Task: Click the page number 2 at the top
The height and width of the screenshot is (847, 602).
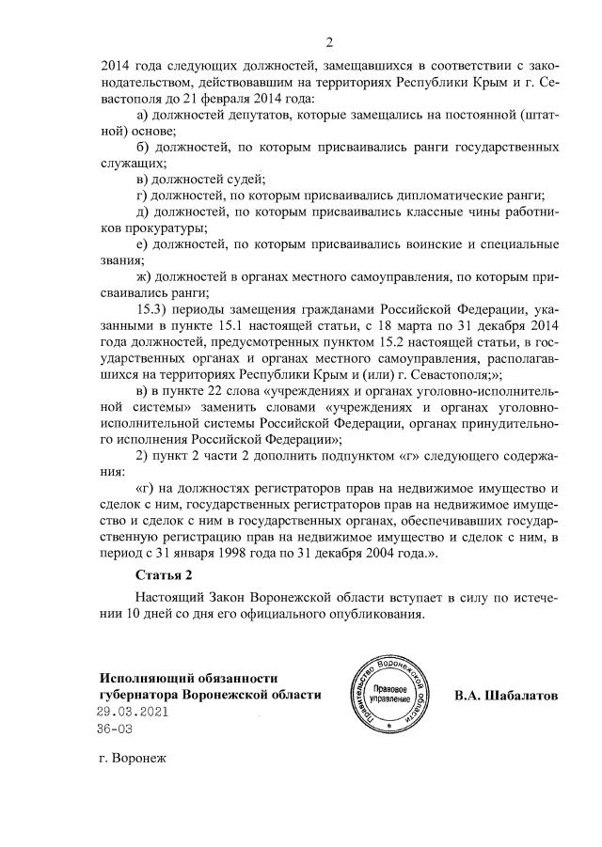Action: [x=329, y=42]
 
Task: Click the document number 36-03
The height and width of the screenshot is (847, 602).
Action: [x=117, y=729]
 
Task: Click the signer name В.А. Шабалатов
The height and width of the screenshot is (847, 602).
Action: [x=505, y=696]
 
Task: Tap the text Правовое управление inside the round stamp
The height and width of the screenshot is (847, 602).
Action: [x=388, y=698]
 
